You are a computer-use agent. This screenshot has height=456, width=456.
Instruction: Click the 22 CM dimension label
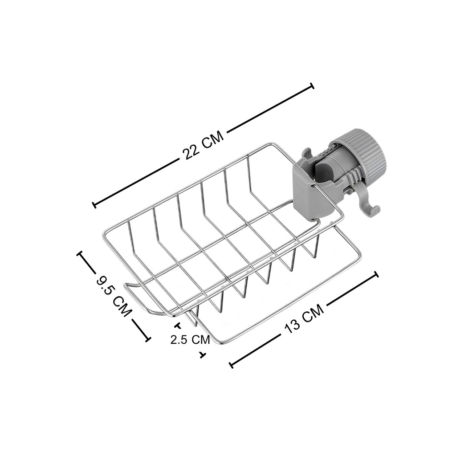tap(203, 146)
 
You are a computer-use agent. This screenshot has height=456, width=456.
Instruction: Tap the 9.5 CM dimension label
tap(114, 297)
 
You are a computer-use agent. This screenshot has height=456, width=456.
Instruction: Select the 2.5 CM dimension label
tap(190, 340)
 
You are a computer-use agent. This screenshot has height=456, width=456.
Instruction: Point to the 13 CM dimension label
tap(304, 319)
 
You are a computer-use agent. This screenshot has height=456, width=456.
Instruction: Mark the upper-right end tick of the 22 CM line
tap(312, 86)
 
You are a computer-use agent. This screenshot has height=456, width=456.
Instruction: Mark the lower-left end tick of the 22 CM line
tap(94, 204)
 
